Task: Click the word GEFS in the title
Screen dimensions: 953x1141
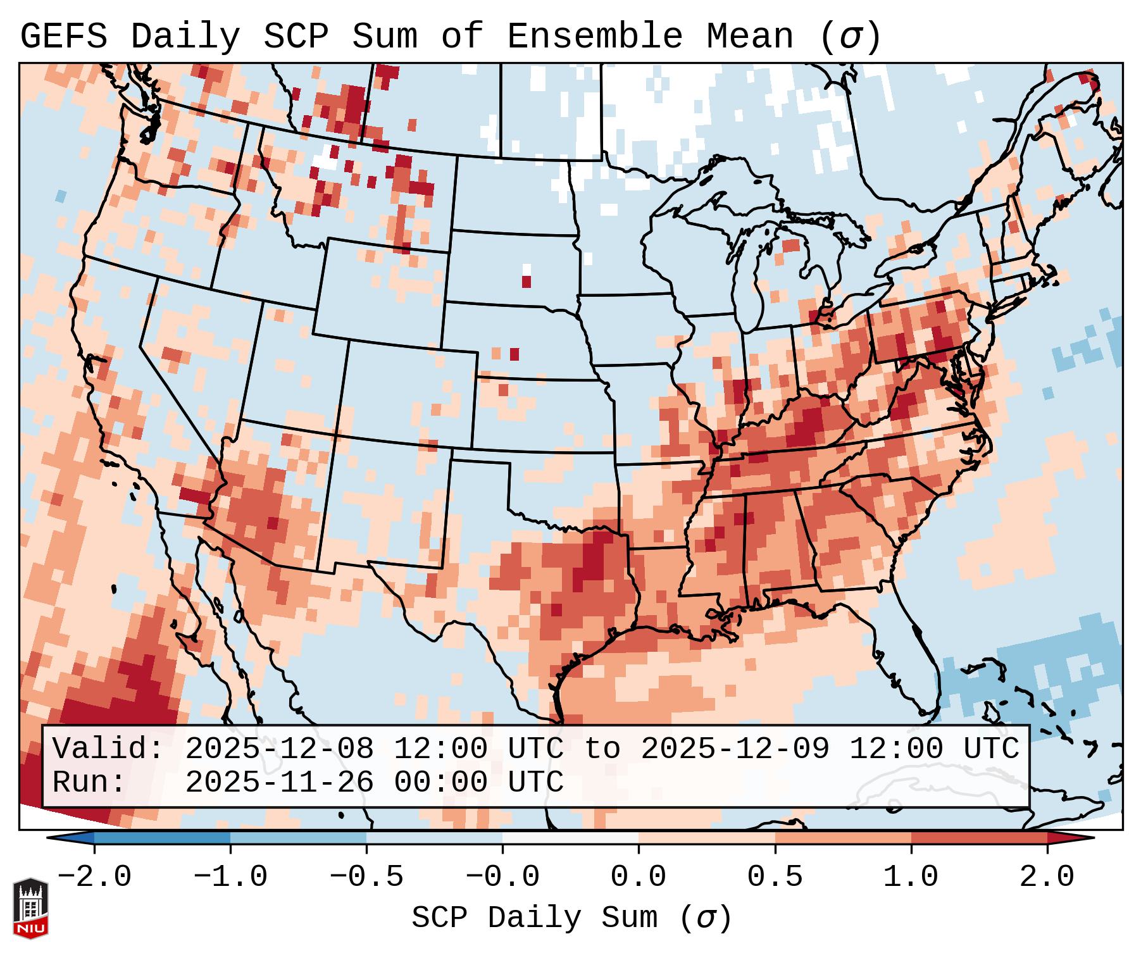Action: (63, 37)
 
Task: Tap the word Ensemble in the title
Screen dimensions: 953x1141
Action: (594, 37)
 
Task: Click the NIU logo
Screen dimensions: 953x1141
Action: (30, 908)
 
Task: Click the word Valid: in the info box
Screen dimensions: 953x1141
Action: (108, 749)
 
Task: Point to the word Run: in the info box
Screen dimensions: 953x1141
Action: (89, 783)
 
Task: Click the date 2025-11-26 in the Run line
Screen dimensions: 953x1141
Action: (279, 783)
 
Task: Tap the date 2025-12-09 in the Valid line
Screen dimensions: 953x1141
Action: (735, 749)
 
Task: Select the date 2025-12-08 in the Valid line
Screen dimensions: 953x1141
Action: (279, 749)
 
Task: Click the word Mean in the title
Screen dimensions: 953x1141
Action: (750, 37)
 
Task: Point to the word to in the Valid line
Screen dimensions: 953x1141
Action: (602, 749)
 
